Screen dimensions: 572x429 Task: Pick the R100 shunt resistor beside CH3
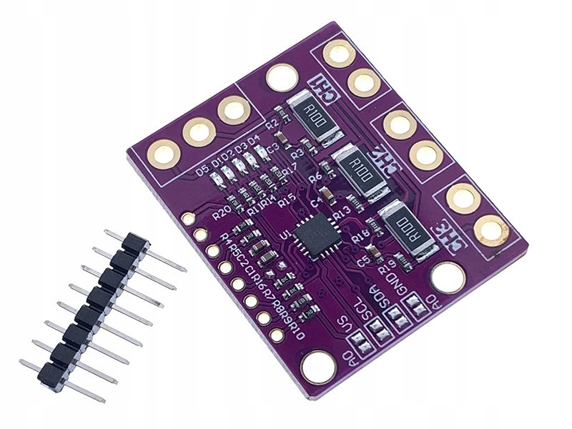coord(408,224)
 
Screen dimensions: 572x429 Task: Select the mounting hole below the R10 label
coord(318,367)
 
